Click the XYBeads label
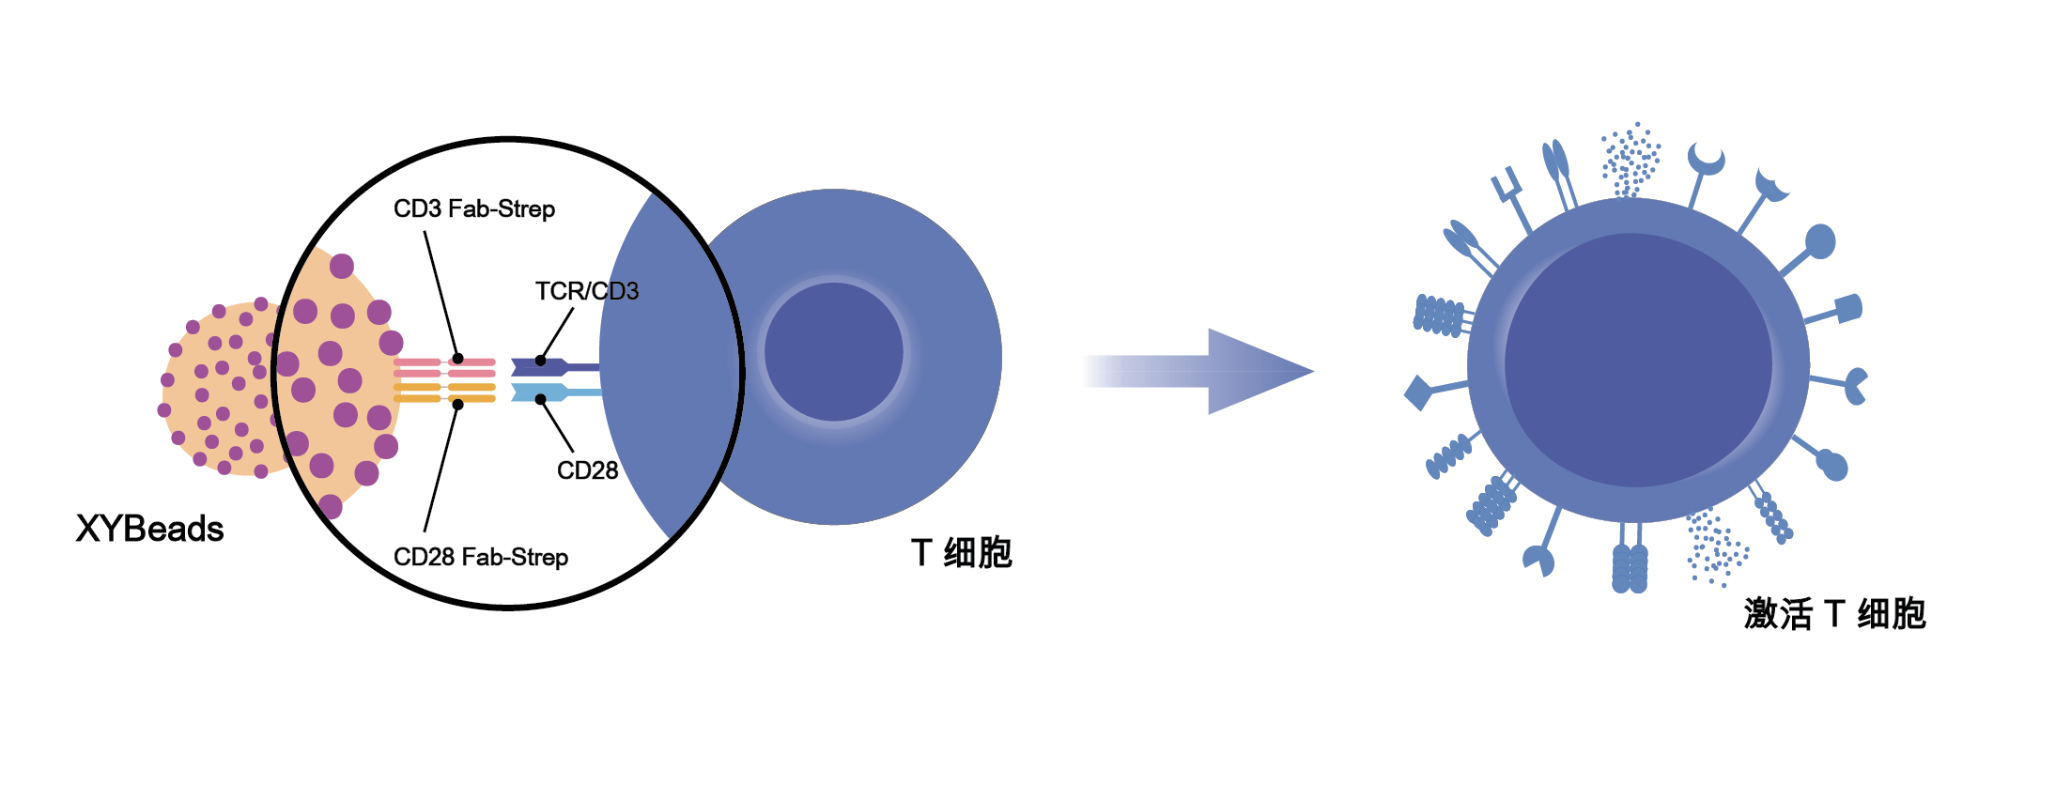pos(150,529)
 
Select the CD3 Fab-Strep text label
pos(474,208)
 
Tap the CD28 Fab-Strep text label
pos(481,557)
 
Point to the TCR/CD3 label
pos(587,291)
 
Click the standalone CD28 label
pos(588,470)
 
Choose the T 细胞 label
pos(962,552)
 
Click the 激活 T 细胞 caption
pos(1835,614)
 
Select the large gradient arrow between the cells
pos(1198,371)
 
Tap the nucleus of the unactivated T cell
pos(834,352)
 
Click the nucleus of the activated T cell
pos(1638,361)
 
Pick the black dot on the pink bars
pos(458,359)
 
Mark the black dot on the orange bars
pos(458,405)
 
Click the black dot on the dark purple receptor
pos(540,361)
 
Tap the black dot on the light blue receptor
pos(540,399)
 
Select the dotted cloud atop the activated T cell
pos(1631,160)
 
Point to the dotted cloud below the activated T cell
pos(1717,548)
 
